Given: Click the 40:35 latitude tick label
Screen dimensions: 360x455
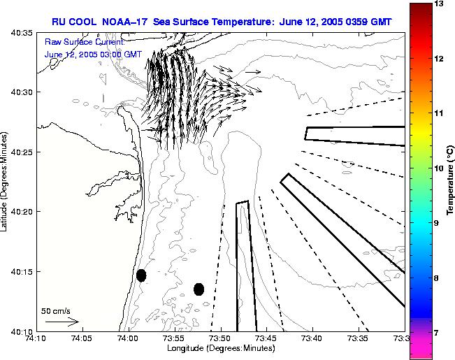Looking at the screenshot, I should click(x=23, y=32).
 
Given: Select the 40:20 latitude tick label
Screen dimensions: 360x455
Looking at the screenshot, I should click(x=23, y=211).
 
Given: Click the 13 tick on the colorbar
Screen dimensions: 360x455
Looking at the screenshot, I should click(x=440, y=4).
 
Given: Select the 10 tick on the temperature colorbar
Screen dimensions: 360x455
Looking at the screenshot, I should click(x=440, y=168).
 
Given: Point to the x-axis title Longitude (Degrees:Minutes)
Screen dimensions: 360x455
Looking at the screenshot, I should click(x=220, y=348).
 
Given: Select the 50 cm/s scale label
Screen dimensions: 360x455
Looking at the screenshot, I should click(x=56, y=310).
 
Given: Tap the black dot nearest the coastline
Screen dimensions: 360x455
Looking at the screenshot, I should click(x=141, y=275).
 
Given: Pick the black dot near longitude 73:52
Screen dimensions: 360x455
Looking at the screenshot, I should click(x=198, y=289).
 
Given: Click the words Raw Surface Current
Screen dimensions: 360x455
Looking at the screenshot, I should click(x=84, y=43).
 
